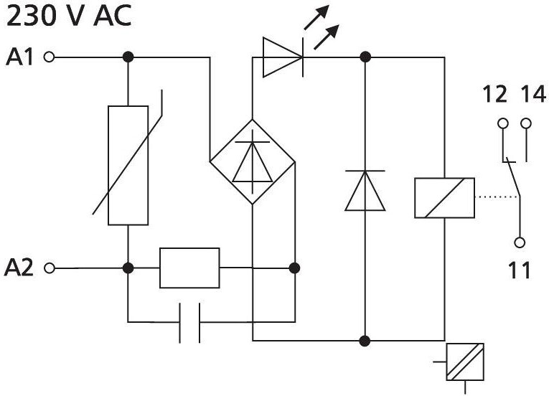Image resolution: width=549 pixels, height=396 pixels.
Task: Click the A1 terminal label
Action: coord(19,57)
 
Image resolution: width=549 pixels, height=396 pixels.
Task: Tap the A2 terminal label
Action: coord(19,268)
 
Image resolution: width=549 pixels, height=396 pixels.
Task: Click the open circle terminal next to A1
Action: coord(49,57)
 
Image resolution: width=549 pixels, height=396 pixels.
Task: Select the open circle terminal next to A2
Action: coord(50,268)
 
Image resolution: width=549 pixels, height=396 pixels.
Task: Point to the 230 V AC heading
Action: coord(69,15)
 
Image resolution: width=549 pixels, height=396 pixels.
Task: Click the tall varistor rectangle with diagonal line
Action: coord(128,165)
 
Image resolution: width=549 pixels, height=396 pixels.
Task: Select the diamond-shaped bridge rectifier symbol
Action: coord(253,161)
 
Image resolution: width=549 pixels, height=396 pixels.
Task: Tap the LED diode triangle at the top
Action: coord(283,57)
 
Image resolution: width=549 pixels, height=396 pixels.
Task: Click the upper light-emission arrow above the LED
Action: coord(316,16)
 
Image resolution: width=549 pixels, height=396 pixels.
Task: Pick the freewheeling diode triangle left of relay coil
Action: coord(365,191)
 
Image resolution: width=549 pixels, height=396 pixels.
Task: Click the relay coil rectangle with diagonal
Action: coord(444,198)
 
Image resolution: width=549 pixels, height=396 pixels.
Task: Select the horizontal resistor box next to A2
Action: coord(189,268)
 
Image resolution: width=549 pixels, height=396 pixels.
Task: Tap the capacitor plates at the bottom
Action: coord(189,322)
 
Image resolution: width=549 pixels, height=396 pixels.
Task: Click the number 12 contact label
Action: coord(494,94)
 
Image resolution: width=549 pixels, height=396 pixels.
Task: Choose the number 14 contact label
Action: coord(533,94)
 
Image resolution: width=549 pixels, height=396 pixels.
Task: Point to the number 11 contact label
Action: coord(520,270)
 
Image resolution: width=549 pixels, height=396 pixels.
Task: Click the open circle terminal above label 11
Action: coord(520,242)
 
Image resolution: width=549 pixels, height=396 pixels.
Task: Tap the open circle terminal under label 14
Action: coord(526,123)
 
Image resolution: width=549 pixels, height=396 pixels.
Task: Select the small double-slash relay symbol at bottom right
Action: coord(465,362)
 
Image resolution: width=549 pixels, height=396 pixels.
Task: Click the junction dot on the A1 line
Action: coord(128,57)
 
